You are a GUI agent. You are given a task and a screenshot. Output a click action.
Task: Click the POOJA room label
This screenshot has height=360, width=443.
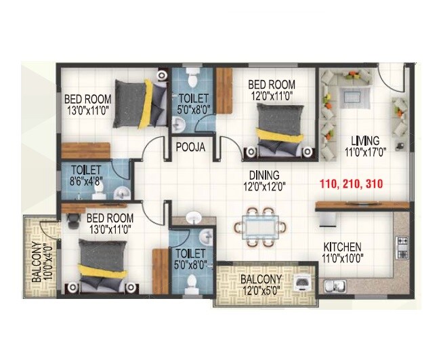[x=187, y=146]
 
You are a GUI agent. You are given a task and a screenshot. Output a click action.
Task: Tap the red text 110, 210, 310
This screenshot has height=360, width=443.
[x=351, y=184]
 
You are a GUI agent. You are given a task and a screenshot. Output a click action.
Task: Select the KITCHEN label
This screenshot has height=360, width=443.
[x=342, y=246]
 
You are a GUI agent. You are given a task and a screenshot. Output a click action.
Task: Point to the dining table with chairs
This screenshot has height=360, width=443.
[x=261, y=227]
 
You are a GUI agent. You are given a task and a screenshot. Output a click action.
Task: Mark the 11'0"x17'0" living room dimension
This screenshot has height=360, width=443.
[x=365, y=152]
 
